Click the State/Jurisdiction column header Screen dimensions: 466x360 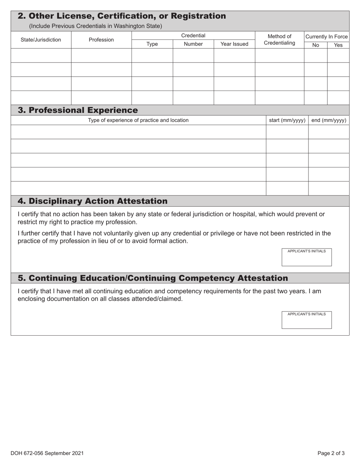(x=41, y=39)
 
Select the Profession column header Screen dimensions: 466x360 (x=101, y=39)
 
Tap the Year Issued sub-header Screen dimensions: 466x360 (x=234, y=44)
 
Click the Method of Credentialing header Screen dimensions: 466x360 (x=279, y=39)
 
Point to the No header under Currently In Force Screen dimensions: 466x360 (x=315, y=45)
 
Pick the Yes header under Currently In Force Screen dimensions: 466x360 (x=338, y=45)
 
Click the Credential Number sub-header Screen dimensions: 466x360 (x=193, y=44)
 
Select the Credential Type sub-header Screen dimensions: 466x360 (x=152, y=44)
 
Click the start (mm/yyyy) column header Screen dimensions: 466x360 (x=287, y=120)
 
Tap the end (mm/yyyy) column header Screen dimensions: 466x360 (x=329, y=120)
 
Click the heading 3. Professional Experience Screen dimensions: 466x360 (x=78, y=110)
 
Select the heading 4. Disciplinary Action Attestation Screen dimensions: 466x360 (x=92, y=201)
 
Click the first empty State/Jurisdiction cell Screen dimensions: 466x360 (x=41, y=55)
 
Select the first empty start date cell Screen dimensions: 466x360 (x=287, y=132)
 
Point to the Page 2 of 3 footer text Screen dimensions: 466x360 (x=331, y=453)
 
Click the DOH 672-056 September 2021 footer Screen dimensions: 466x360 (x=47, y=453)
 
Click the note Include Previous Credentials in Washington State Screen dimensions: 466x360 (x=95, y=26)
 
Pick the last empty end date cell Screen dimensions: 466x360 (x=329, y=188)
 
